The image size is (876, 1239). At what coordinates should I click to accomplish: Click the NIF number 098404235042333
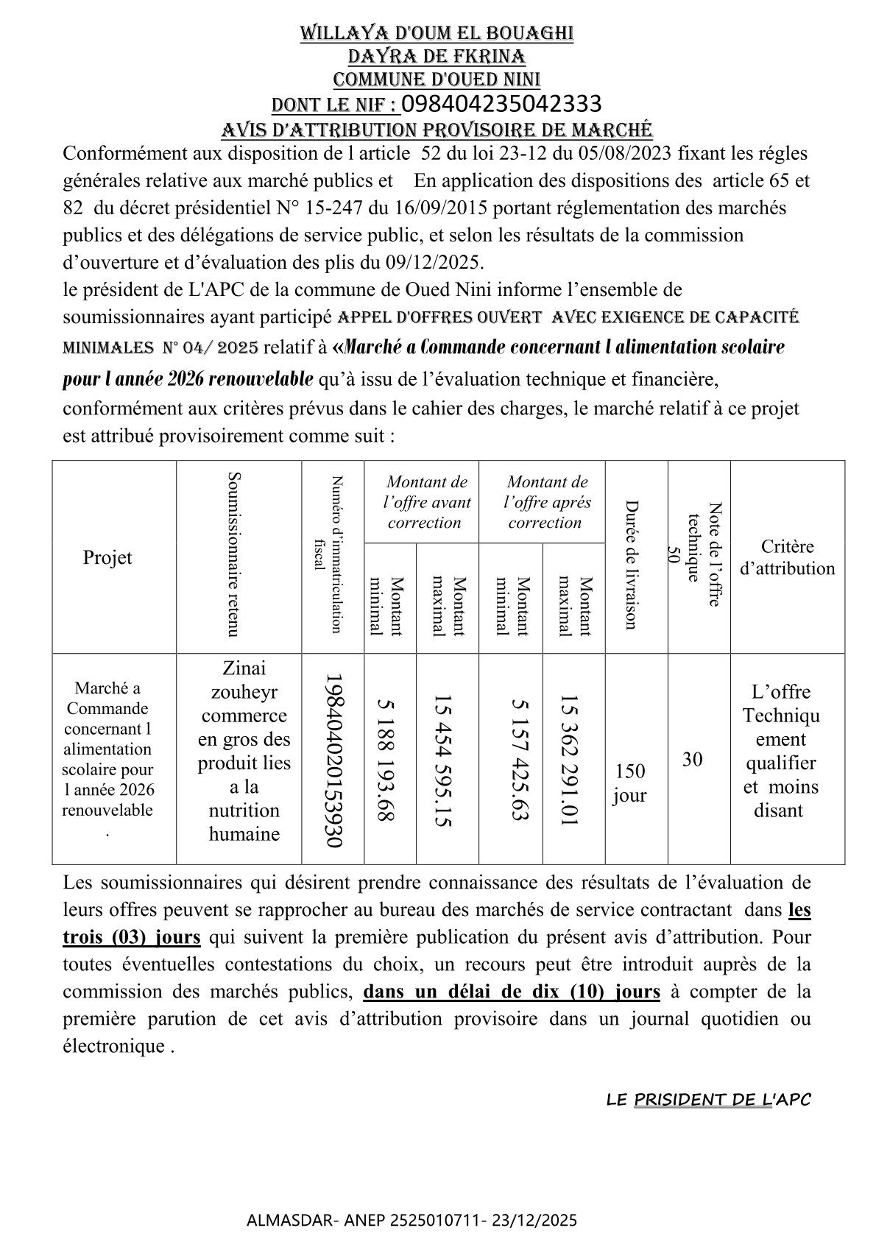(501, 103)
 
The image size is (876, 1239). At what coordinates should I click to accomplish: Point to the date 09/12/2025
(435, 262)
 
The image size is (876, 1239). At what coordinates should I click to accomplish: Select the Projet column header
(107, 557)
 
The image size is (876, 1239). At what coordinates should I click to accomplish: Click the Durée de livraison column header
(631, 565)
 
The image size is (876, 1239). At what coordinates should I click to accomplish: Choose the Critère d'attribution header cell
(787, 557)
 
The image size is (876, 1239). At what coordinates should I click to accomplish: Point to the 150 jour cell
(629, 783)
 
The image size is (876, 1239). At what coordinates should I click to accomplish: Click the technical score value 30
(692, 760)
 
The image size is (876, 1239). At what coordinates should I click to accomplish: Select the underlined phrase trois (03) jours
(131, 937)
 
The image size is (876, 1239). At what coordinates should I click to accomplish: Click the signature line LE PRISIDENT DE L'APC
(708, 1100)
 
